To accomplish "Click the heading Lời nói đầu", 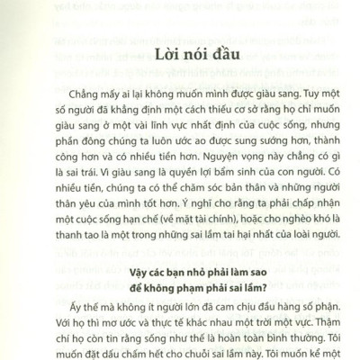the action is click(x=181, y=56).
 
